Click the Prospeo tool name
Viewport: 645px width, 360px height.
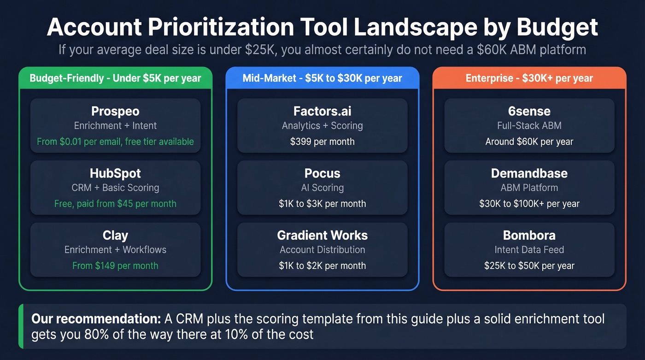(115, 112)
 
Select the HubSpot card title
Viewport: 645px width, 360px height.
(115, 174)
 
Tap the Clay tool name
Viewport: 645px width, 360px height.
(115, 236)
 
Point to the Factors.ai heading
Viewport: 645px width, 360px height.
(322, 112)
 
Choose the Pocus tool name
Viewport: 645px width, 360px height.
(322, 174)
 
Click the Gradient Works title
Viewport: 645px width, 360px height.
(322, 236)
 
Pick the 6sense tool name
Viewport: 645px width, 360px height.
(529, 112)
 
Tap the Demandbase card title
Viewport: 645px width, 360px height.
(529, 174)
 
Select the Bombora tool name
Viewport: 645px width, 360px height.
(529, 236)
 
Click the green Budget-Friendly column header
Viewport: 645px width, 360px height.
(115, 78)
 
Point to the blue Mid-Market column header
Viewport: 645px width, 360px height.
(322, 78)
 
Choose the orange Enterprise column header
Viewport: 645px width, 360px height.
(529, 78)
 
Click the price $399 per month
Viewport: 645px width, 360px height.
(322, 142)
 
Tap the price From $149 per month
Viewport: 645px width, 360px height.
(115, 266)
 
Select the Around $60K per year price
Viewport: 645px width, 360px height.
(529, 142)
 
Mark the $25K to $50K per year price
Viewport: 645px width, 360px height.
(529, 266)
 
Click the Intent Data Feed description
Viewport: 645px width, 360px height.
(529, 250)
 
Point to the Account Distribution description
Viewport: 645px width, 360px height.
(322, 250)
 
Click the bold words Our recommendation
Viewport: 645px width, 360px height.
(96, 319)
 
